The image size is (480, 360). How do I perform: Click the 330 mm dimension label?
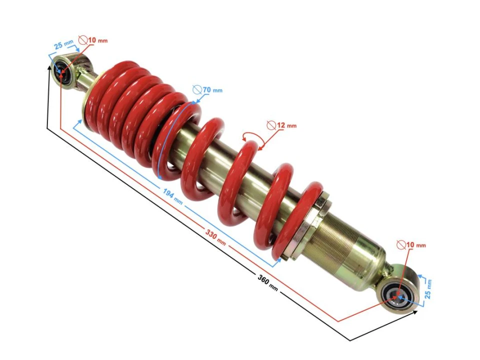[215, 236]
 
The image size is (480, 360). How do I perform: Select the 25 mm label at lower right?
[428, 288]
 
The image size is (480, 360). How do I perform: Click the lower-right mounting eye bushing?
[398, 295]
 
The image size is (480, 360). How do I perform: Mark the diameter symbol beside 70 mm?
[197, 90]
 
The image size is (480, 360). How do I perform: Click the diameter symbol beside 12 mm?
[270, 125]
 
